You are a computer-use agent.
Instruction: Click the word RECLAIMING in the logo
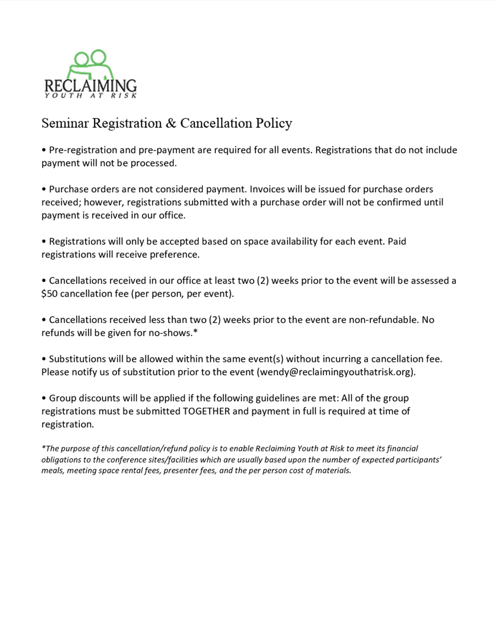click(x=91, y=86)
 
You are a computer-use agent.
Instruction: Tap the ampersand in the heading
click(x=171, y=123)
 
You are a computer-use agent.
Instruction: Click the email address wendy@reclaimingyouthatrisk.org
click(x=336, y=372)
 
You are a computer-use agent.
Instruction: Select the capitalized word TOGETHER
click(x=206, y=411)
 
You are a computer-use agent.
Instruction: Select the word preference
click(x=174, y=255)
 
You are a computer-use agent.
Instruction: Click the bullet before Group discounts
click(x=44, y=398)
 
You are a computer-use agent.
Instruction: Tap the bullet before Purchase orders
click(x=44, y=189)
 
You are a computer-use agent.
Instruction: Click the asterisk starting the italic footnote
click(x=44, y=448)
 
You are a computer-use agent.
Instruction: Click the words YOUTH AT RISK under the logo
click(x=91, y=96)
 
